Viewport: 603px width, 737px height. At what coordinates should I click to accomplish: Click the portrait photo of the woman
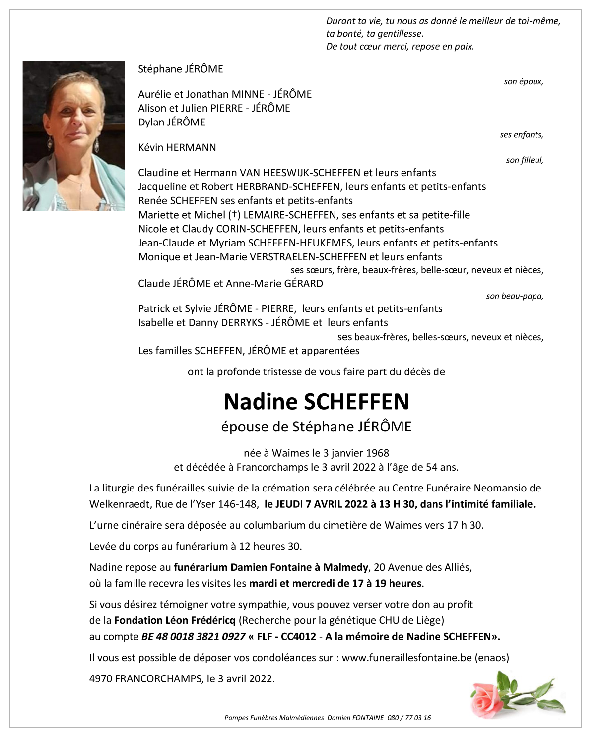coord(73,136)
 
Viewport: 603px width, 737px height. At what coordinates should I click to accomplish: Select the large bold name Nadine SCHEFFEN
coord(316,402)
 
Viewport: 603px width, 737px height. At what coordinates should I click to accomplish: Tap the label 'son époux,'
coord(523,82)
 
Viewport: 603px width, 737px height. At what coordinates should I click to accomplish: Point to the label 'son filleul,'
coord(524,160)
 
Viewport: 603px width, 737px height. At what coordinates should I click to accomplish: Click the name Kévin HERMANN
coord(177,147)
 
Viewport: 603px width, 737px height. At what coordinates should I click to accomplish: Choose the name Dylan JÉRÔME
coord(171,122)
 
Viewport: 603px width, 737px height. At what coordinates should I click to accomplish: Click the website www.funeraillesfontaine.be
coord(406,658)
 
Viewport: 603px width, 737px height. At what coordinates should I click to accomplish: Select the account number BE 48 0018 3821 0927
coord(194,637)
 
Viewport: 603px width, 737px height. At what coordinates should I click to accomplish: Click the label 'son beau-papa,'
coord(515,296)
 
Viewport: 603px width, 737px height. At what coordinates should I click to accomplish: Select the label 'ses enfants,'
coord(521,135)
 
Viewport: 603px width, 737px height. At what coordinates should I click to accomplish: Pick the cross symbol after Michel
coord(232,215)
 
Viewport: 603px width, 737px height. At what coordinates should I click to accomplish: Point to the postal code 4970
coord(101,679)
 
